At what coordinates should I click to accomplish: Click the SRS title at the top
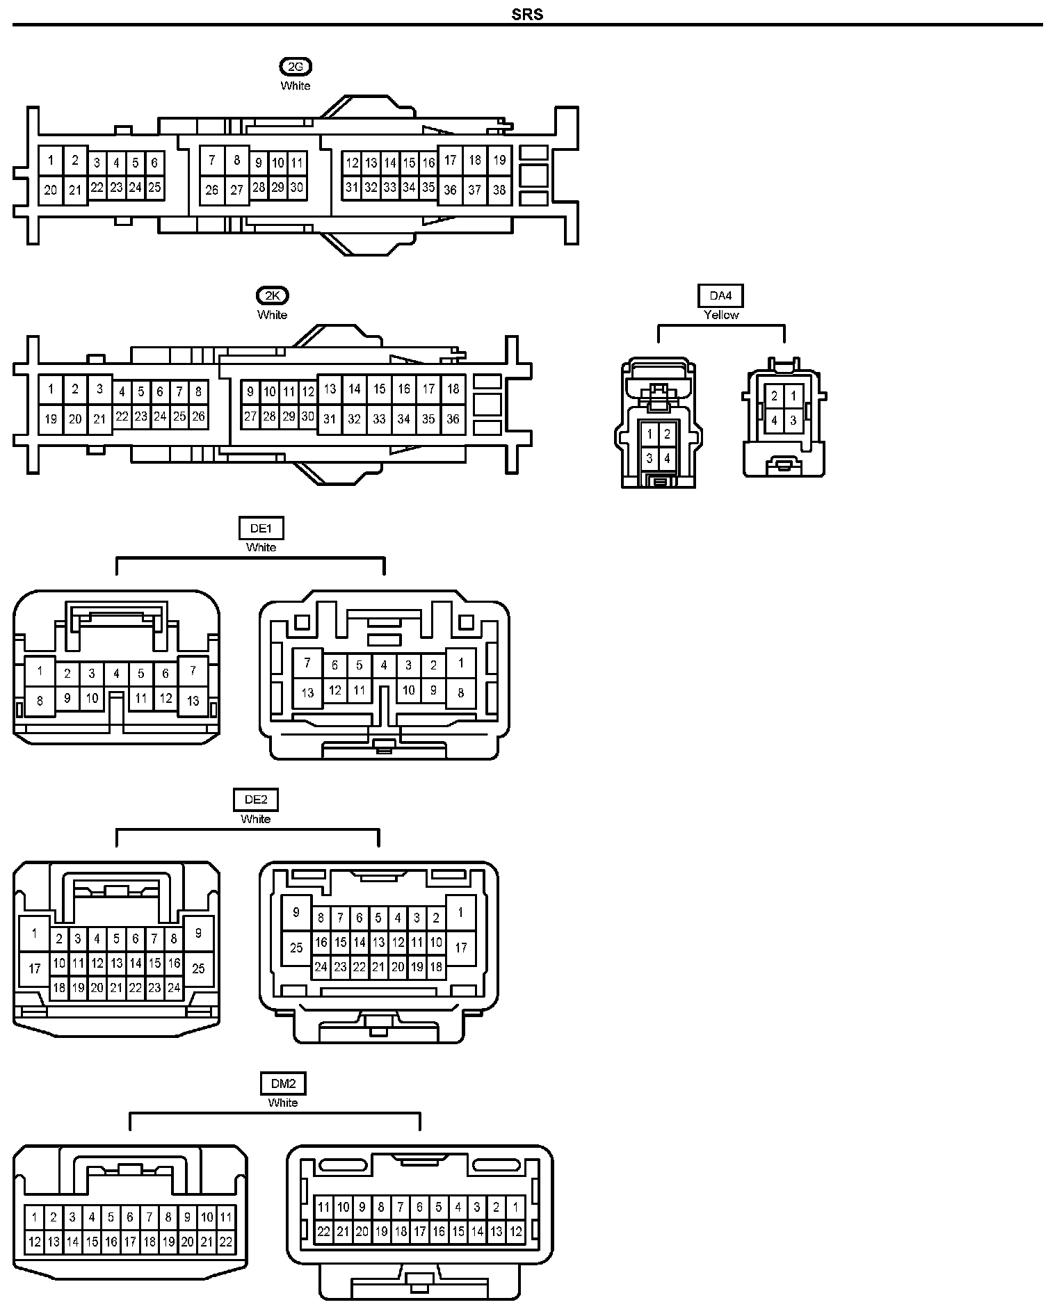coord(527,15)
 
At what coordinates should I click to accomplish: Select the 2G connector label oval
coord(296,67)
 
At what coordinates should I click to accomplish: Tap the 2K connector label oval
coord(272,296)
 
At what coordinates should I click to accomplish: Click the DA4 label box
coord(720,296)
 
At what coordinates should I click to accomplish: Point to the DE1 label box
coord(261,528)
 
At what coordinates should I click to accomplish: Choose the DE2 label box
coord(256,800)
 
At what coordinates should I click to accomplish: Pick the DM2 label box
coord(283,1083)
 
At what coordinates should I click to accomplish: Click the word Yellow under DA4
coord(721,315)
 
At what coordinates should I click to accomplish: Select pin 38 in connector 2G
coord(499,190)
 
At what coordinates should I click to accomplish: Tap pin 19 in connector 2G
coord(499,160)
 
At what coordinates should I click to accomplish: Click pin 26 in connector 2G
coord(212,190)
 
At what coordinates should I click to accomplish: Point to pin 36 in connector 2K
coord(453,419)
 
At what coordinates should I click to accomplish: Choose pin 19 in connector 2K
coord(50,419)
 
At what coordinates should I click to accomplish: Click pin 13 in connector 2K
coord(330,389)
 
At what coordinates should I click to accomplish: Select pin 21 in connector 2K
coord(99,419)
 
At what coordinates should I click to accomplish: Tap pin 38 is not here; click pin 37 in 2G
coord(475,190)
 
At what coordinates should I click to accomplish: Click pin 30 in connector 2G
coord(297,187)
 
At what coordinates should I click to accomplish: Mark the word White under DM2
coord(283,1103)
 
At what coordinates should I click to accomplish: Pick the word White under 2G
coord(296,86)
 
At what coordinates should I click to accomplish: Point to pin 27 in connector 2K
coord(250,417)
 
